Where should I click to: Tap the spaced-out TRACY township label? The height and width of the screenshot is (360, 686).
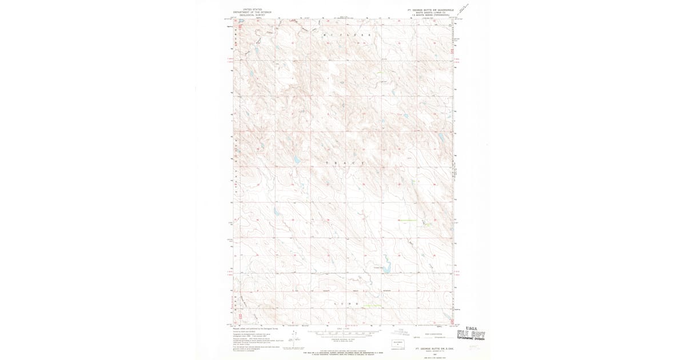[345, 163]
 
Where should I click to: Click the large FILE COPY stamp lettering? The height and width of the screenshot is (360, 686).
[475, 334]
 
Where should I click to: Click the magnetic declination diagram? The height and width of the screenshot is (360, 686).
[294, 335]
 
